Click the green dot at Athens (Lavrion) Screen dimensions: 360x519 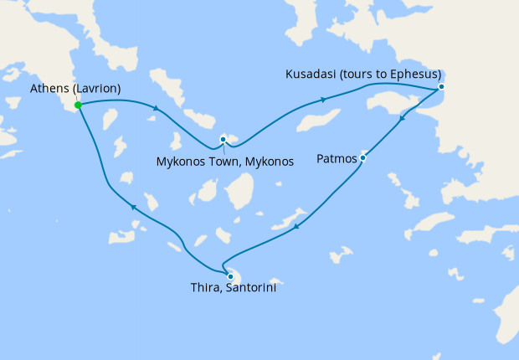pos(77,105)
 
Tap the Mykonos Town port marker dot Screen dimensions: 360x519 pos(223,139)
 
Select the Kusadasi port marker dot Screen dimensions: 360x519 pos(441,87)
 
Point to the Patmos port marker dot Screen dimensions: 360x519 pos(362,157)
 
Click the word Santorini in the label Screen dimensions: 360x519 pos(249,291)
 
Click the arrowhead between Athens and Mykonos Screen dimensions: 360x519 pos(155,108)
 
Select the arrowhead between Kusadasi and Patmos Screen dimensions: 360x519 pos(403,120)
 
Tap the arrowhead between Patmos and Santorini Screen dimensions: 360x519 pos(298,224)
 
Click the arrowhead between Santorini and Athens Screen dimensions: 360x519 pos(133,208)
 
